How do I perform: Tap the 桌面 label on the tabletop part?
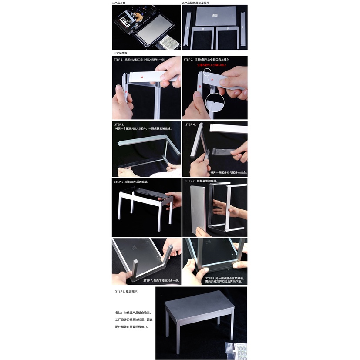pos(215,15)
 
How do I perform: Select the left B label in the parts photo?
pos(202,29)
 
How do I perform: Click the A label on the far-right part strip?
pos(243,27)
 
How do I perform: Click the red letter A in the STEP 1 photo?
pos(142,77)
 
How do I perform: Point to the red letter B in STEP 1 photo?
pos(126,92)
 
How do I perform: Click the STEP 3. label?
pos(119,124)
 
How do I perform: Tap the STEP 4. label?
pos(191,124)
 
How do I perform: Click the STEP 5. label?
pos(119,182)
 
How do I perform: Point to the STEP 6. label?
pos(191,181)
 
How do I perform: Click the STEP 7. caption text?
pos(161,281)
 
